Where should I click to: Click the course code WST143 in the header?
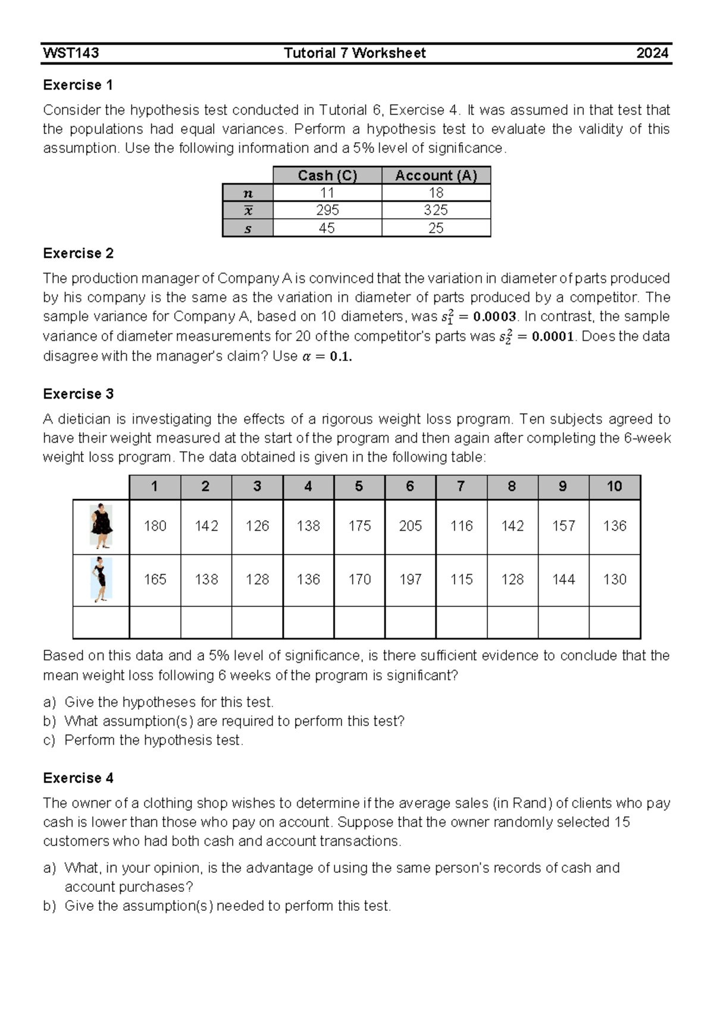click(71, 53)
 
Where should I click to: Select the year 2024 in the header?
click(652, 53)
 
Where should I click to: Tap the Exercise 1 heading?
click(78, 85)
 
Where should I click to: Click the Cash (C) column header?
click(327, 176)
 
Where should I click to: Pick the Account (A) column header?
click(436, 176)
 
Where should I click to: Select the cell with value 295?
click(327, 210)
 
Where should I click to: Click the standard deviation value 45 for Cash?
click(327, 228)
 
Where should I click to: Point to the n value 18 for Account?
click(436, 193)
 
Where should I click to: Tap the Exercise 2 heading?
click(78, 253)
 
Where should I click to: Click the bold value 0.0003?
click(494, 317)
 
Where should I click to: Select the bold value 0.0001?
click(552, 337)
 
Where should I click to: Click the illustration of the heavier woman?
click(102, 527)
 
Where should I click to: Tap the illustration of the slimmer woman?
click(101, 579)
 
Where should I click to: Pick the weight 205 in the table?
click(410, 526)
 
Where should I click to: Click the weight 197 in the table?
click(410, 579)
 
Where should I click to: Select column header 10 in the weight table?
click(614, 487)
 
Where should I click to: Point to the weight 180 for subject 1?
click(155, 526)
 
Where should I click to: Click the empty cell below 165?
click(155, 622)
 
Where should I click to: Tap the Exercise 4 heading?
click(78, 778)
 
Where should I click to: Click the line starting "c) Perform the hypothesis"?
click(143, 740)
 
